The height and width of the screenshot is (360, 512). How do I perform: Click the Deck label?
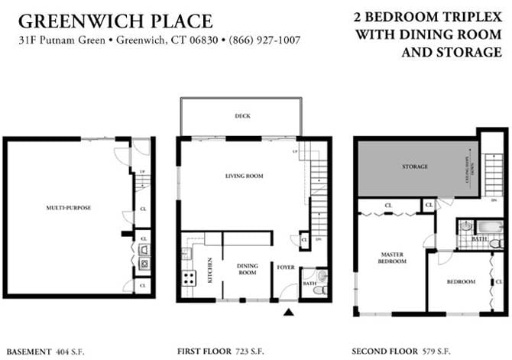pos(242,116)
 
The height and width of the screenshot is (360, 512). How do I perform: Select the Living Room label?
pos(244,177)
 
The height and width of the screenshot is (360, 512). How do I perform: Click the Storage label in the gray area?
pos(415,167)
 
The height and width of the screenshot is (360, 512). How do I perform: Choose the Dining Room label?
pos(247,269)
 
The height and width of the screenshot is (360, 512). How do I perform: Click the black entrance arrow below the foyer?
pos(288,312)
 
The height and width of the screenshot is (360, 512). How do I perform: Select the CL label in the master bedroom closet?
pos(388,205)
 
